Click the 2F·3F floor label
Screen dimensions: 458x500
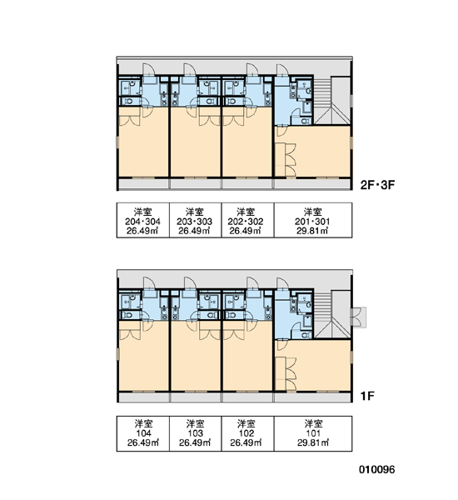pos(377,185)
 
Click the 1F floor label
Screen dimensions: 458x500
pos(367,396)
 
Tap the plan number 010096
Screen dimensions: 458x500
pos(377,469)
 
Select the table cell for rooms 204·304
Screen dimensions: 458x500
pos(142,220)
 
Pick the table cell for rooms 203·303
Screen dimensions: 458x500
pos(195,220)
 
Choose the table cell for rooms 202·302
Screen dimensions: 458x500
pos(247,220)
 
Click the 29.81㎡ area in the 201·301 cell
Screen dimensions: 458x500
pos(312,231)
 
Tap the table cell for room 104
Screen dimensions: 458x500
pos(142,433)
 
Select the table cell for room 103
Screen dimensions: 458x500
pos(195,433)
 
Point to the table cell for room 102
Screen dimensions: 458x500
pos(247,433)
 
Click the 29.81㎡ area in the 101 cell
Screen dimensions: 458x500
pos(313,442)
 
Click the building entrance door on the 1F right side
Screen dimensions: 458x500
pos(358,317)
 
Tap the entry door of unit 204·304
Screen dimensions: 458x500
pos(148,69)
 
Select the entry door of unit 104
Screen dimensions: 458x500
pos(148,283)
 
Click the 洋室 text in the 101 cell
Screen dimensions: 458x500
pos(313,424)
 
